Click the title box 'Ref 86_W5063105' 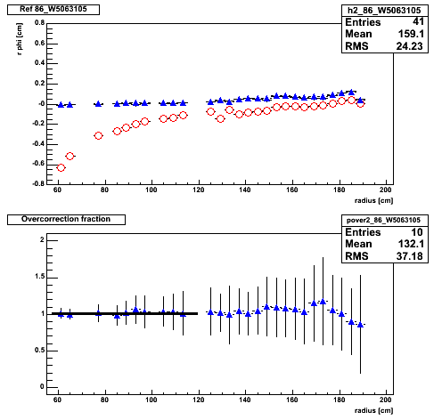tap(53, 10)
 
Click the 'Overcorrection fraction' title tap(66, 219)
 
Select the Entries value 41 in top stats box tap(418, 21)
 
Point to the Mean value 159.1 tap(411, 34)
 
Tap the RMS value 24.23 tap(409, 46)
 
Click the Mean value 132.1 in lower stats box tap(411, 244)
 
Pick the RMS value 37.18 tap(409, 256)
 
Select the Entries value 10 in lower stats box tap(418, 231)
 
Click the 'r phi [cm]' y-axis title tap(20, 39)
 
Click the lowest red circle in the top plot tap(61, 168)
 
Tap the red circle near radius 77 tap(98, 136)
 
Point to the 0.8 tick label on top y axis tap(39, 23)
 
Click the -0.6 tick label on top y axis tap(38, 164)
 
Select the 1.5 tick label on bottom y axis tap(39, 277)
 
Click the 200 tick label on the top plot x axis tap(386, 190)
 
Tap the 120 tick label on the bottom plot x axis tap(199, 400)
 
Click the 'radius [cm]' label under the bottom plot tap(373, 411)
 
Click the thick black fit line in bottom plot tap(125, 313)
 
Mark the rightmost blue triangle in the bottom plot tap(360, 325)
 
